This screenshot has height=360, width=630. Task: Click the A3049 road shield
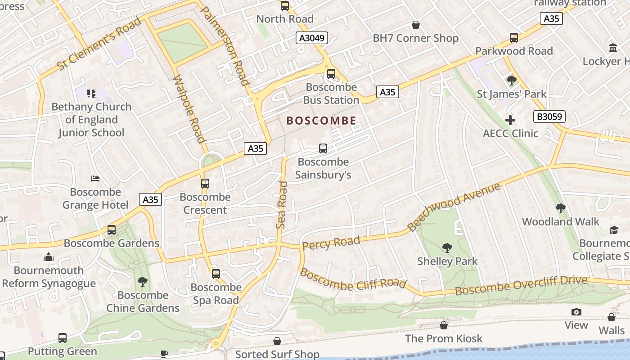(x=312, y=38)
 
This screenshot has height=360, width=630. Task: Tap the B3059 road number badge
(x=549, y=117)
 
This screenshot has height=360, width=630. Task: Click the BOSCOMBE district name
(x=321, y=121)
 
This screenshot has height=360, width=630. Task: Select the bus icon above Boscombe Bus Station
(x=331, y=73)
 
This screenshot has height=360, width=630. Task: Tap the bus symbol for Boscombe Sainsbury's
(x=323, y=148)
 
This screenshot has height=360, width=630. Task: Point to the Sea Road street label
(x=282, y=205)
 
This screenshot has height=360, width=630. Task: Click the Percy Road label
(x=331, y=243)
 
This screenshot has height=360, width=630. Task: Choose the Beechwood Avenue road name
(x=454, y=207)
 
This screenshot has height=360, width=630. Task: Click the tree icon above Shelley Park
(x=447, y=247)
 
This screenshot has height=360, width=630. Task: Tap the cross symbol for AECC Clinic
(x=510, y=120)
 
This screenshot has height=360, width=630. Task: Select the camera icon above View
(x=576, y=312)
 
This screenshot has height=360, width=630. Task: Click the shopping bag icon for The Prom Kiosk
(x=444, y=325)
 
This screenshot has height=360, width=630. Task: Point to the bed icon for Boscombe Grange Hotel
(x=95, y=179)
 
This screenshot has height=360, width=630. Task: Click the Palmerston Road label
(x=225, y=46)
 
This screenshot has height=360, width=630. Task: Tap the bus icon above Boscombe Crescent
(x=205, y=183)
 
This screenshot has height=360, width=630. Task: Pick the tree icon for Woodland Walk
(x=560, y=208)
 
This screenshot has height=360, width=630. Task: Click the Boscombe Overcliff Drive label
(x=521, y=286)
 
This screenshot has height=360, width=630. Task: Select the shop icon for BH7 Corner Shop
(x=416, y=25)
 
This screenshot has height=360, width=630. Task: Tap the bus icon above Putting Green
(x=63, y=337)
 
